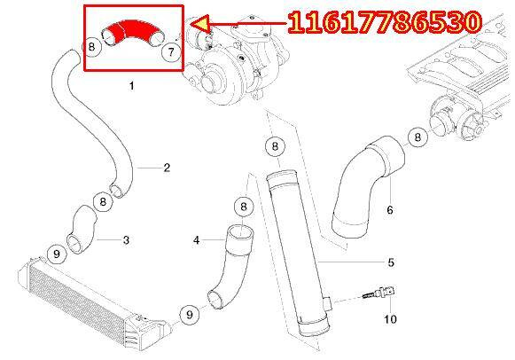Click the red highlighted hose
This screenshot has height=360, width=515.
pyautogui.click(x=131, y=30)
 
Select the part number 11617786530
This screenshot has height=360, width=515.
pyautogui.click(x=385, y=22)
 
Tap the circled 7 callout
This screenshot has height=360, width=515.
pyautogui.click(x=171, y=52)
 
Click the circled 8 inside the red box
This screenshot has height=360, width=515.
pyautogui.click(x=91, y=47)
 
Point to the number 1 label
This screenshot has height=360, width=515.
pyautogui.click(x=132, y=86)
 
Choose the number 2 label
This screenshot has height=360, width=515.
pyautogui.click(x=167, y=168)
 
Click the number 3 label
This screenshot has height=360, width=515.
pyautogui.click(x=126, y=240)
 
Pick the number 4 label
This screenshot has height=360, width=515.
pyautogui.click(x=197, y=240)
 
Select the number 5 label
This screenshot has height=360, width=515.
pyautogui.click(x=391, y=262)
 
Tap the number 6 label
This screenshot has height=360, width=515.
pyautogui.click(x=390, y=209)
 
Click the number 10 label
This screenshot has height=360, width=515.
pyautogui.click(x=390, y=319)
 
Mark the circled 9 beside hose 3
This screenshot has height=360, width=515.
pyautogui.click(x=57, y=254)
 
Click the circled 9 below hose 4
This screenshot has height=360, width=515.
pyautogui.click(x=190, y=315)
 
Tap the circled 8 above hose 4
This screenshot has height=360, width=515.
pyautogui.click(x=244, y=207)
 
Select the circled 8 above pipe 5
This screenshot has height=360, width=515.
pyautogui.click(x=275, y=145)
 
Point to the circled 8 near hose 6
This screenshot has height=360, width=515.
pyautogui.click(x=417, y=137)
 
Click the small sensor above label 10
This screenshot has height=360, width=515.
pyautogui.click(x=380, y=293)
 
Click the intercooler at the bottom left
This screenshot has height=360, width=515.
pyautogui.click(x=92, y=302)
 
